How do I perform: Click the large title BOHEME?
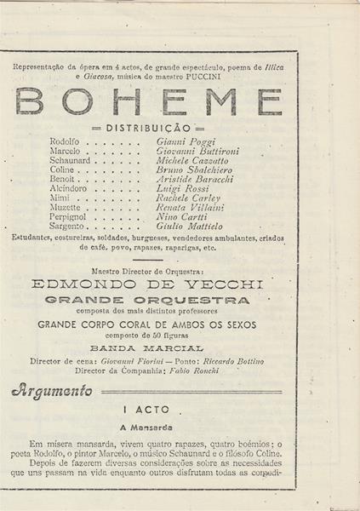[x=149, y=100]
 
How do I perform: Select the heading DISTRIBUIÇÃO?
[x=149, y=128]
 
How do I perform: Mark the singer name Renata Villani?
[x=190, y=207]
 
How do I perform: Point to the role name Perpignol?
[x=71, y=217]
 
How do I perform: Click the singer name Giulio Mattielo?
[x=190, y=227]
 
